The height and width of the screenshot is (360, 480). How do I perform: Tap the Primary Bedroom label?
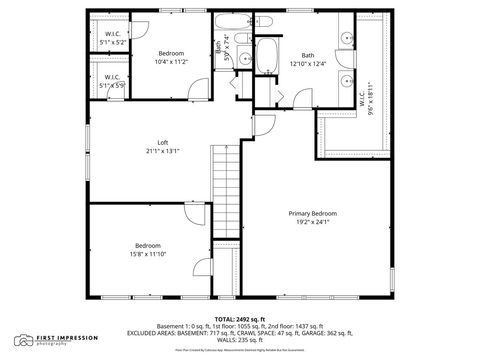(313, 213)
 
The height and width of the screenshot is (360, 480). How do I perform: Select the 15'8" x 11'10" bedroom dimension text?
(149, 254)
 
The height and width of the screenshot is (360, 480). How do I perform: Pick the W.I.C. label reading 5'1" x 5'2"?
(113, 42)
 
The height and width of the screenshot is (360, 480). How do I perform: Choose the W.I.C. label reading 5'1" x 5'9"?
(113, 84)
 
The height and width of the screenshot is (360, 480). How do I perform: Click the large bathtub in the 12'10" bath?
(268, 56)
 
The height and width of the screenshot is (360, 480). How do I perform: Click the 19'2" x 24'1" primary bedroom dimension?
(313, 222)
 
